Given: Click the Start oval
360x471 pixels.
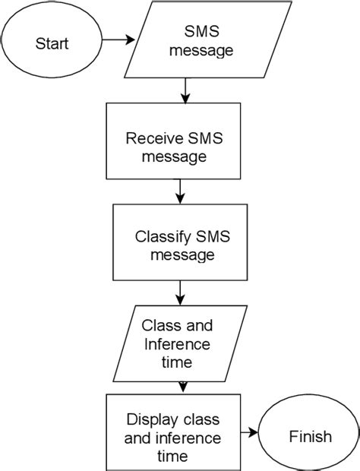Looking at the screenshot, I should (x=52, y=43).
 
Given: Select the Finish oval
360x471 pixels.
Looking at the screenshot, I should (x=310, y=436).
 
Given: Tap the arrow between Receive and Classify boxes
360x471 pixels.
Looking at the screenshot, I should (x=179, y=191).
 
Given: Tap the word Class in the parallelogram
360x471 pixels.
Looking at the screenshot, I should (x=159, y=326).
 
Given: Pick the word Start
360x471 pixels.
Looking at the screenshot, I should (x=51, y=43).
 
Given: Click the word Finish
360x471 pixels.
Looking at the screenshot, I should (x=310, y=436).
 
